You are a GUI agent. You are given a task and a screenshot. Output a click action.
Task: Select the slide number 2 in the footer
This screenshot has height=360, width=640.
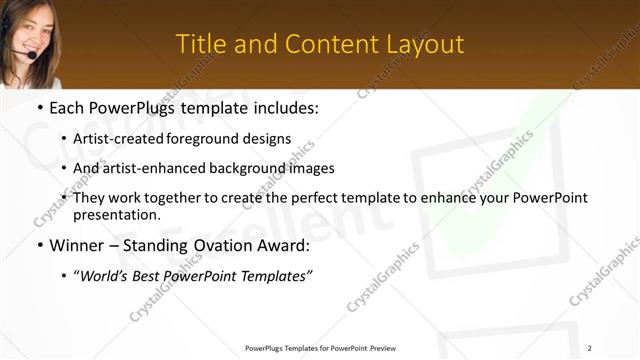point(590,348)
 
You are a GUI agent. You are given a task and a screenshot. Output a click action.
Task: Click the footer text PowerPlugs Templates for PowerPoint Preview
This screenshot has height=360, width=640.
point(320,348)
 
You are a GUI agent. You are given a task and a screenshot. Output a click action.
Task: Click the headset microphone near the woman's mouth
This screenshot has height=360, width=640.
point(32,56)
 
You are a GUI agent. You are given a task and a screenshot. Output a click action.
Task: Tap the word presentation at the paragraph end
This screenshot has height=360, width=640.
point(117,214)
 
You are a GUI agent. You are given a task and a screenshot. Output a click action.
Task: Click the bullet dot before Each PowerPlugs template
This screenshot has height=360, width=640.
point(39,105)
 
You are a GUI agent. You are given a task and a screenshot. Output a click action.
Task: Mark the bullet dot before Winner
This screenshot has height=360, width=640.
point(39,245)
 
